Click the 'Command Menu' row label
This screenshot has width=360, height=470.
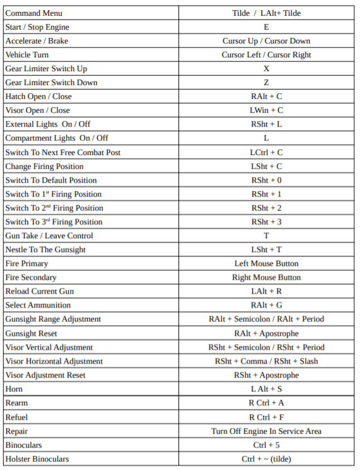pos(34,13)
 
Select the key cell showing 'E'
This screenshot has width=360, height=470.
pos(266,27)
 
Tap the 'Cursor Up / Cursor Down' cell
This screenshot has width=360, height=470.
pos(266,41)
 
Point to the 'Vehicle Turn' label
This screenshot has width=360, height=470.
pos(26,55)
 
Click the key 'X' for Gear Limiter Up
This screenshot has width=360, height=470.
pos(266,69)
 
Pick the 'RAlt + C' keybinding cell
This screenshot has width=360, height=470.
pos(266,96)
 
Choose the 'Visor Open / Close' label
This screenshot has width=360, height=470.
pos(37,110)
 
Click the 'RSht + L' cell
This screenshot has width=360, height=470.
pos(266,124)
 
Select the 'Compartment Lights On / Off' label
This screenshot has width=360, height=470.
pos(57,138)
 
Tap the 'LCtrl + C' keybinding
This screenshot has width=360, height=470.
pos(266,152)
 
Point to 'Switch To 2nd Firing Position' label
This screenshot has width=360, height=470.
pos(54,208)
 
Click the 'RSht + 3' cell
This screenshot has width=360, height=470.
pos(266,222)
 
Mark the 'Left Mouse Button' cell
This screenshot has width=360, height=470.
pos(266,263)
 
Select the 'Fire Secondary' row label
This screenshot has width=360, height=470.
pos(31,277)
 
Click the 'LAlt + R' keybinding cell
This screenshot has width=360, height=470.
pos(266,291)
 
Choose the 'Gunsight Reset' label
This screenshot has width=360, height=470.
pos(32,333)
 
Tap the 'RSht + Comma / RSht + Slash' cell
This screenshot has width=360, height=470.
pos(266,361)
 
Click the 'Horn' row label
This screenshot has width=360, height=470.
pos(14,389)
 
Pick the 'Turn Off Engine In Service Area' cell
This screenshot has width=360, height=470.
pos(266,431)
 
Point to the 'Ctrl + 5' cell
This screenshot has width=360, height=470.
pos(266,445)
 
